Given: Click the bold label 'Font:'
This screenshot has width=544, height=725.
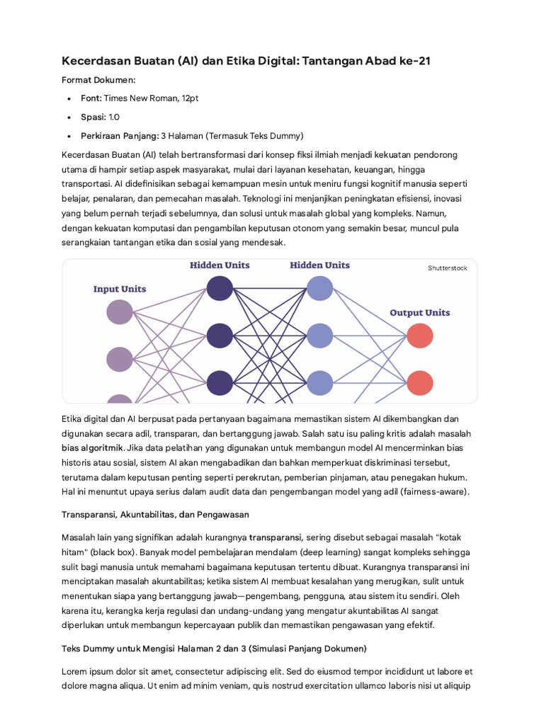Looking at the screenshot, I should click(x=91, y=98).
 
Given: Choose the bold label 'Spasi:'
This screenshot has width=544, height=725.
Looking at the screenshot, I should click(x=93, y=117).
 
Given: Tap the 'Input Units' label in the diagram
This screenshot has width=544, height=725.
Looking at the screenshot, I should click(x=120, y=289).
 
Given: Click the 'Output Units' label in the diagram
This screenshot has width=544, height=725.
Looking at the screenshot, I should click(x=419, y=312).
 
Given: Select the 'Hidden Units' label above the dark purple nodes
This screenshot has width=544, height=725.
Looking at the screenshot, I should click(x=220, y=266).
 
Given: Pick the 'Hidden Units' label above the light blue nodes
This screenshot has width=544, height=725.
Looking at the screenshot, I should click(x=319, y=266).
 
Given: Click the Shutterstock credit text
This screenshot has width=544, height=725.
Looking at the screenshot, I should click(x=447, y=268).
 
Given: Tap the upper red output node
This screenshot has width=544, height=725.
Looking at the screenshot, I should click(x=420, y=336).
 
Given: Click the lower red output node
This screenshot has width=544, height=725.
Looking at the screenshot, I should click(x=420, y=382).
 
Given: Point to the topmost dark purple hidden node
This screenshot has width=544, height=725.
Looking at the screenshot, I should click(x=220, y=288).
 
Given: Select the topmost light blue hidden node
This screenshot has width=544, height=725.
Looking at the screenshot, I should click(x=319, y=288).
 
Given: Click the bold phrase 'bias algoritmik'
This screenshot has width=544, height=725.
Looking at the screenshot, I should click(x=92, y=447).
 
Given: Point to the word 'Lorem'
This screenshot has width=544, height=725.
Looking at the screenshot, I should click(x=75, y=671).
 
